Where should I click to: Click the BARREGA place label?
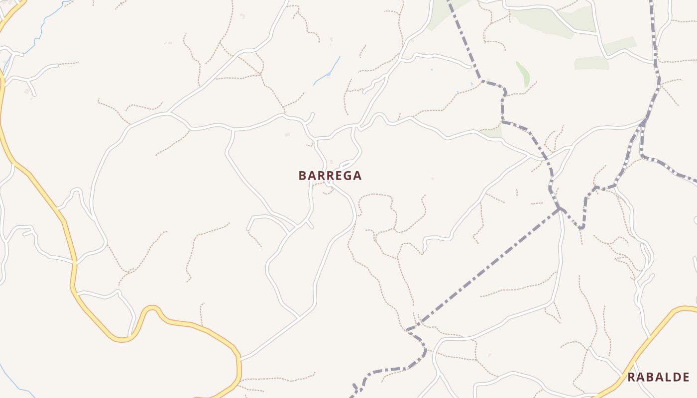tap(330, 176)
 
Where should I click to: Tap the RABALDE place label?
tap(658, 377)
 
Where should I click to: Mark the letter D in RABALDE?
tap(677, 377)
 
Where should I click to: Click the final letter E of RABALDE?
tap(686, 377)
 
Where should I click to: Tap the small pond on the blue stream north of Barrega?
tap(329, 75)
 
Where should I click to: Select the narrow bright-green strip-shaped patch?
tap(523, 74)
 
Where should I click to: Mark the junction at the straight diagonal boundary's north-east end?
tap(560, 208)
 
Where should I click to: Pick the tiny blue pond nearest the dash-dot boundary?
tap(471, 83)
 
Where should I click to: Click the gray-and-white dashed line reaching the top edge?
tap(653, 20)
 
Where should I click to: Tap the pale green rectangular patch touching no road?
tap(591, 63)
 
